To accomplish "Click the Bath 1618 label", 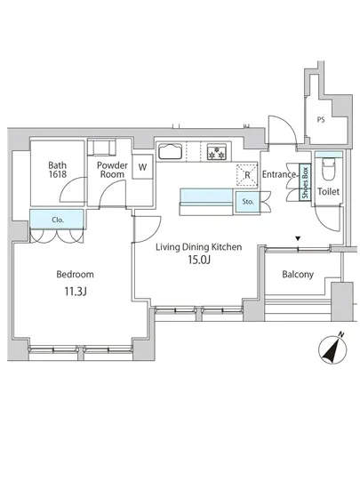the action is click(x=58, y=169).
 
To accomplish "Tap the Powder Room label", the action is click(x=112, y=169).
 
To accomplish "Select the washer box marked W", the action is click(x=142, y=167).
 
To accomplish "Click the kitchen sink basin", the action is click(x=170, y=151).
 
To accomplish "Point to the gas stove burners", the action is click(x=217, y=151).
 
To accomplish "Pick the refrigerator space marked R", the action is click(x=247, y=175).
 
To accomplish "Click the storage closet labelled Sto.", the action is click(x=248, y=202).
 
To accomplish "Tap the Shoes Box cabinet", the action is click(x=305, y=182).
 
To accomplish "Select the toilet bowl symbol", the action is click(x=329, y=168).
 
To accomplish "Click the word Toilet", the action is click(x=328, y=191).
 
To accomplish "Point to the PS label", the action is click(x=321, y=120).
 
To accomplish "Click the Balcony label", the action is click(x=298, y=275).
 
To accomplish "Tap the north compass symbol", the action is click(x=332, y=349).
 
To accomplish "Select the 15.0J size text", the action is click(x=199, y=260).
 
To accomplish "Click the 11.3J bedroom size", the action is click(x=76, y=292).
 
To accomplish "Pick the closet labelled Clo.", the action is click(x=57, y=220).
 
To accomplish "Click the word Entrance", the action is click(x=279, y=174).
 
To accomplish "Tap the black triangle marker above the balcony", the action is click(x=298, y=238).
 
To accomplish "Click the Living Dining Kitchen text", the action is click(x=199, y=247).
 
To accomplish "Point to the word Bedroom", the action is click(x=76, y=275).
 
